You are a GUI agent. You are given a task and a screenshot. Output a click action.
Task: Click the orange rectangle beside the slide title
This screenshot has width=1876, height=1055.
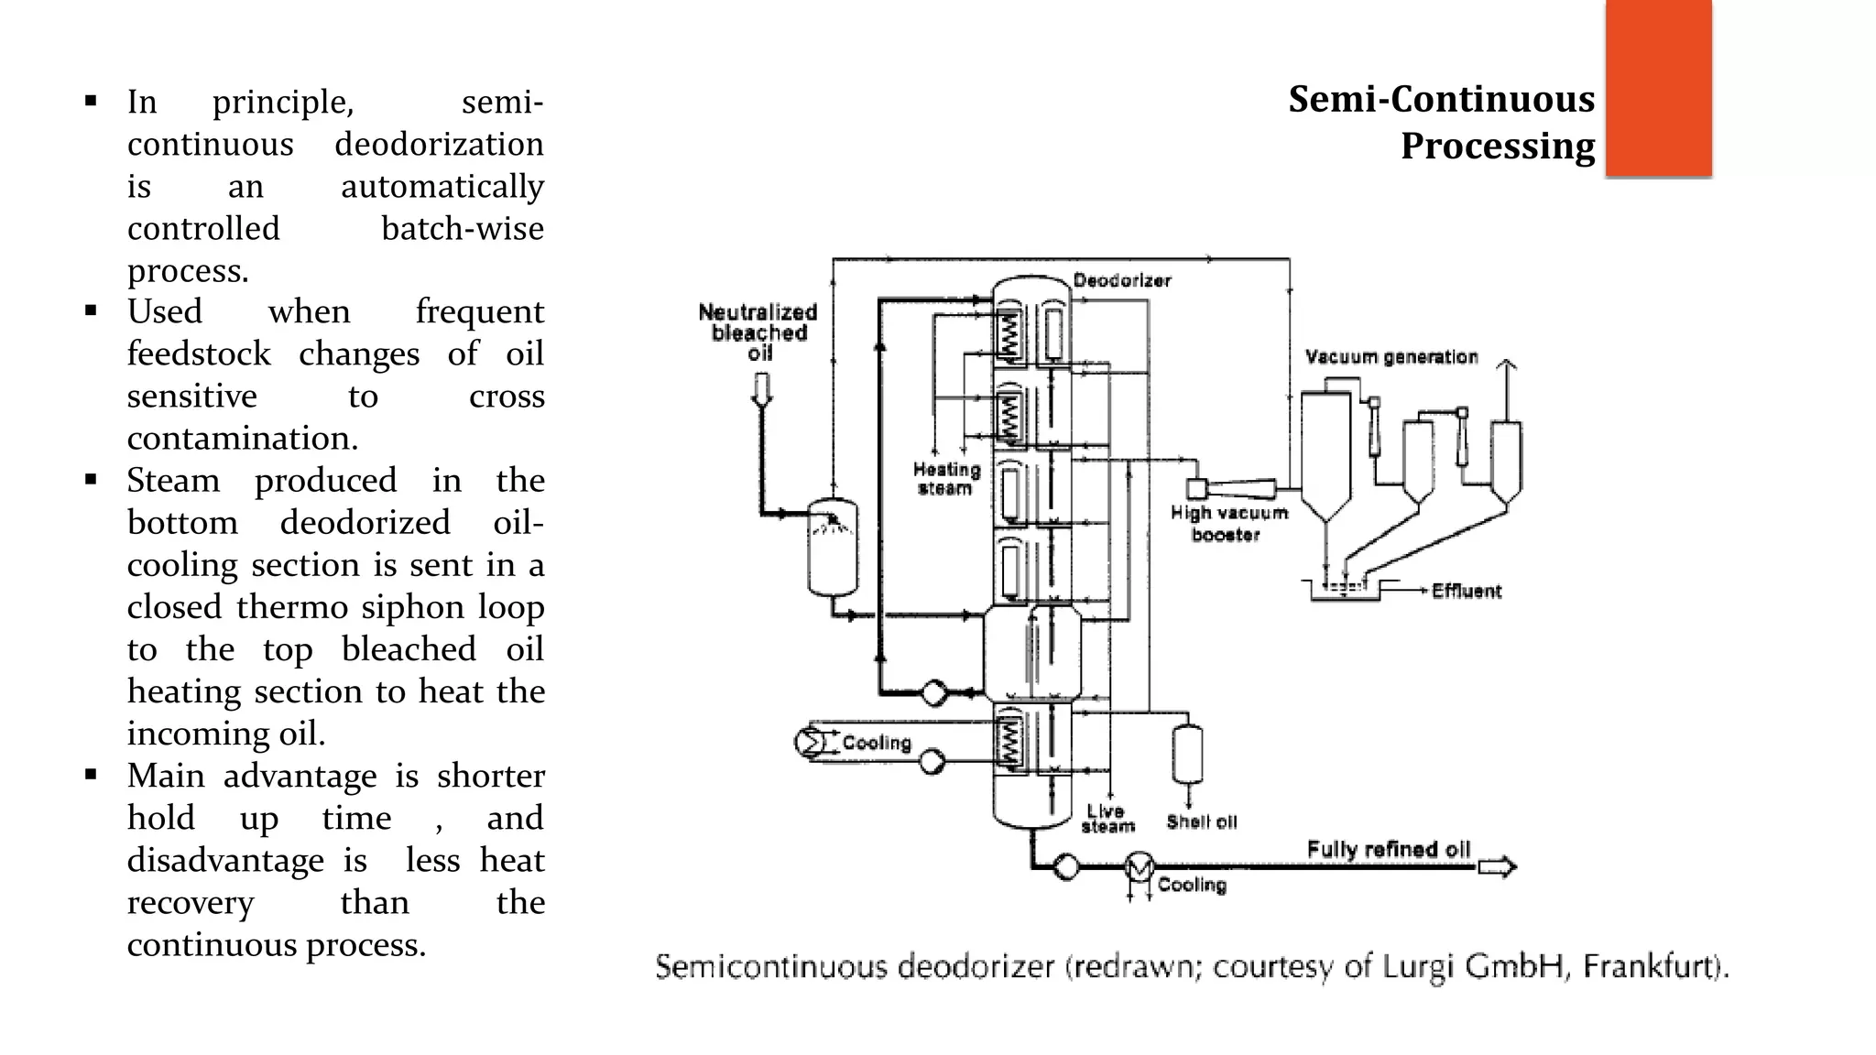1658,89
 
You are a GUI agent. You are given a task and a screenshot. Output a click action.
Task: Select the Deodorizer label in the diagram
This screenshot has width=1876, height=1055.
1122,280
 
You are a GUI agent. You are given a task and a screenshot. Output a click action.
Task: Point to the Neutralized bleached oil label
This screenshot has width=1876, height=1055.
758,332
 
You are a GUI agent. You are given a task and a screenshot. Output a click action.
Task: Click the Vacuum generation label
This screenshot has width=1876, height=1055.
1391,357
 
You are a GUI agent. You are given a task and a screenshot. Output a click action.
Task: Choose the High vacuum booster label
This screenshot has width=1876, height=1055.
1228,524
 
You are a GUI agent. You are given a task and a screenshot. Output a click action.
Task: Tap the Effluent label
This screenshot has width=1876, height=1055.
1467,592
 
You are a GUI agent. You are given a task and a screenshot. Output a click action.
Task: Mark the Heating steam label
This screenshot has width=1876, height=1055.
946,479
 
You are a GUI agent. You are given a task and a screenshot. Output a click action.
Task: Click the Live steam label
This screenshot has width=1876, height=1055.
1107,819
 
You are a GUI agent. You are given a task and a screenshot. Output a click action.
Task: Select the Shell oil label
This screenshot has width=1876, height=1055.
1201,822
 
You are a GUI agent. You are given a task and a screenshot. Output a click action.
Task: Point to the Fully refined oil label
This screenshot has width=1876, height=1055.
1388,850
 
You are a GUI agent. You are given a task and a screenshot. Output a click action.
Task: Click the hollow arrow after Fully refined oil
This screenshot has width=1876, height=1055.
1497,866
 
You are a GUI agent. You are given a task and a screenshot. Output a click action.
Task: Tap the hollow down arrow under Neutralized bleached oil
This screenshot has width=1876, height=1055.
761,390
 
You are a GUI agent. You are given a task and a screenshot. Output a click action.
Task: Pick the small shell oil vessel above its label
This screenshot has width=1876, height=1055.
1188,754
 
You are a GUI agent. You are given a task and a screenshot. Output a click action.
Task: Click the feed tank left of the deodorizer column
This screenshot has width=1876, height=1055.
833,548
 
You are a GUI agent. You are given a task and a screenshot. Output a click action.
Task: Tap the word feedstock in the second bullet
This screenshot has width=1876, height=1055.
199,353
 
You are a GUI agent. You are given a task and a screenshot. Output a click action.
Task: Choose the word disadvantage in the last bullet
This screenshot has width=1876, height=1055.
225,861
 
